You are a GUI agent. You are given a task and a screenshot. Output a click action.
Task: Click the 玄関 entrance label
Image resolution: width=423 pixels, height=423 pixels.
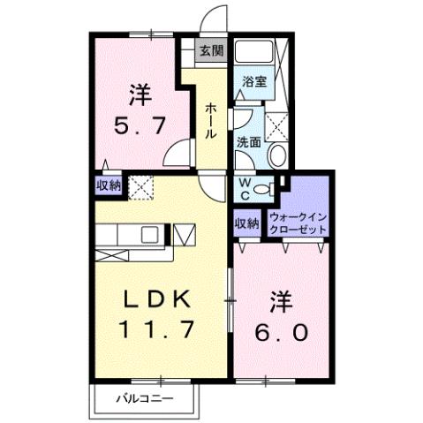pyautogui.click(x=210, y=50)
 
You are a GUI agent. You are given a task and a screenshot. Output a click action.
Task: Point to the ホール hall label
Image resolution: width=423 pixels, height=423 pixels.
pyautogui.click(x=212, y=119)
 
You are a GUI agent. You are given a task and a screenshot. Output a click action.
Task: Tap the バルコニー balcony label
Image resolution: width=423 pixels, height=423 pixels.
pyautogui.click(x=147, y=399)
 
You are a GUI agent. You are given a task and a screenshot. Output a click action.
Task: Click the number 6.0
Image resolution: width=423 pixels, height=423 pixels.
pyautogui.click(x=282, y=333)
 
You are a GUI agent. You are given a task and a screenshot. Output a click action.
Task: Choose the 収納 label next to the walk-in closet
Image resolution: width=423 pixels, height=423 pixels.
pyautogui.click(x=247, y=223)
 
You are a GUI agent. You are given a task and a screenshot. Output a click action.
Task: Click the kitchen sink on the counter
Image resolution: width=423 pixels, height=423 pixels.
pyautogui.click(x=149, y=235)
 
